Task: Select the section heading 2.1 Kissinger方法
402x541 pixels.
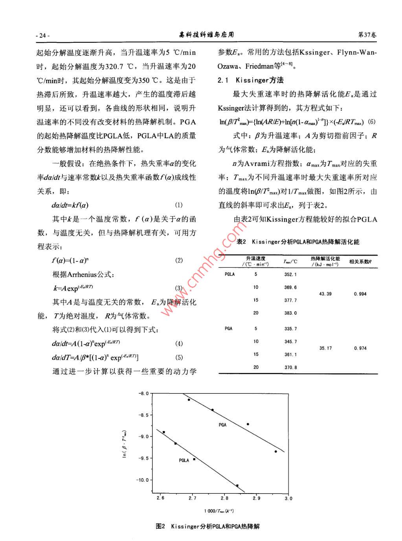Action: [250, 80]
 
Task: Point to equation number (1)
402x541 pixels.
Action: [179, 205]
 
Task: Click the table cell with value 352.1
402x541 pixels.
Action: [290, 274]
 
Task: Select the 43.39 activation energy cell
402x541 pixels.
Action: [325, 294]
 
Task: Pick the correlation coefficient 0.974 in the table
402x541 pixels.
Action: [360, 348]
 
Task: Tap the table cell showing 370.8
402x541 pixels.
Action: [290, 367]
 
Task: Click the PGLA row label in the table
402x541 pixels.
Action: [229, 274]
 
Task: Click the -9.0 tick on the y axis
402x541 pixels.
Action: [145, 437]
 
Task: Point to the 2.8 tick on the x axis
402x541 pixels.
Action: [224, 498]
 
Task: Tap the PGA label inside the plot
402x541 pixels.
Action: [222, 425]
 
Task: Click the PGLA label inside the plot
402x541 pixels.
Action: [184, 461]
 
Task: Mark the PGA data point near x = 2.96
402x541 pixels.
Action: [275, 451]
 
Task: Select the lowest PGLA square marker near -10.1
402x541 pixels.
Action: [237, 486]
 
